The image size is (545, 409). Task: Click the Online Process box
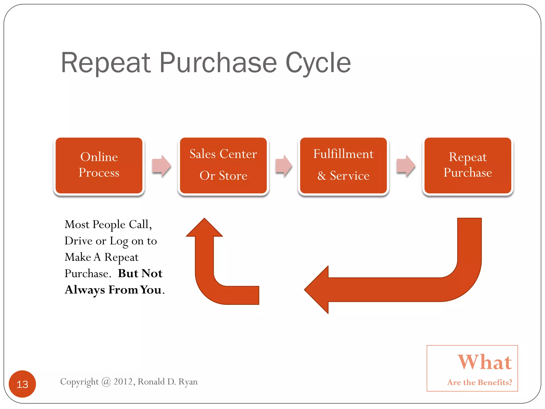pyautogui.click(x=99, y=165)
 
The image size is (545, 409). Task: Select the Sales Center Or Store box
pyautogui.click(x=223, y=165)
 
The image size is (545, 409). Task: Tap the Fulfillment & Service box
pyautogui.click(x=343, y=165)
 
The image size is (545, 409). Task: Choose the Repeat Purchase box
pyautogui.click(x=468, y=165)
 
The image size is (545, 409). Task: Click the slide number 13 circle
pyautogui.click(x=22, y=384)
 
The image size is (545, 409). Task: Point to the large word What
pyautogui.click(x=485, y=362)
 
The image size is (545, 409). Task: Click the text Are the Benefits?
pyautogui.click(x=480, y=382)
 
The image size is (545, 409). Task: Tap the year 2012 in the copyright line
pyautogui.click(x=123, y=382)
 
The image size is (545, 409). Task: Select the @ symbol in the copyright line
pyautogui.click(x=106, y=382)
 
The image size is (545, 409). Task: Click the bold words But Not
pyautogui.click(x=140, y=273)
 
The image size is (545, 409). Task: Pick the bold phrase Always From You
pyautogui.click(x=113, y=290)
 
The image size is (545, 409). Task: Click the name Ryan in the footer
pyautogui.click(x=188, y=382)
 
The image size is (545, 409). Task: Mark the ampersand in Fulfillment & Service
pyautogui.click(x=321, y=176)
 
